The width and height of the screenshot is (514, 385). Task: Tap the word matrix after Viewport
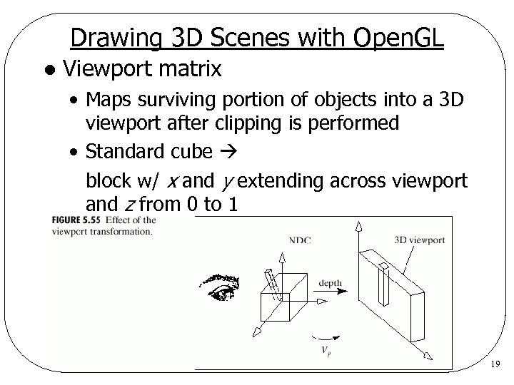[189, 69]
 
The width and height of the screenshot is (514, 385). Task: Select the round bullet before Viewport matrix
[47, 71]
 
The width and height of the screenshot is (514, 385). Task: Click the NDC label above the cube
[300, 240]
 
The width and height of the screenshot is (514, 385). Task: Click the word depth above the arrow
[329, 283]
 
